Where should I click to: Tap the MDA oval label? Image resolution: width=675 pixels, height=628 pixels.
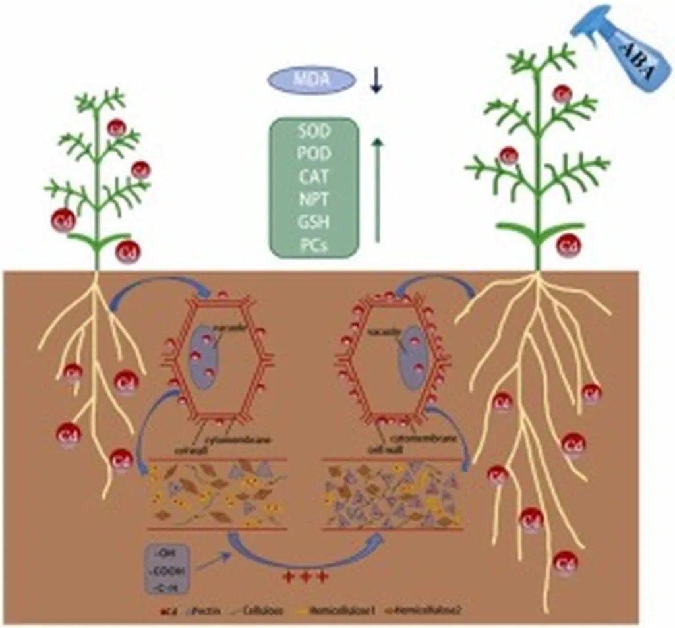click(311, 80)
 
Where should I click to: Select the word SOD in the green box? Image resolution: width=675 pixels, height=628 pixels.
click(314, 131)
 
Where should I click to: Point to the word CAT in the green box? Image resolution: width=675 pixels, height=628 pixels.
click(314, 177)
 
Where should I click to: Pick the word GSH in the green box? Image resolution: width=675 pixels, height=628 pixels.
click(314, 224)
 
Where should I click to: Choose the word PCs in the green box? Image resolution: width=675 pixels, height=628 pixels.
click(314, 246)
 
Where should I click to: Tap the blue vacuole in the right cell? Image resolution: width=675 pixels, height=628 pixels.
click(413, 356)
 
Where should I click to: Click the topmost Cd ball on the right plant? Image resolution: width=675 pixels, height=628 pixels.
click(562, 94)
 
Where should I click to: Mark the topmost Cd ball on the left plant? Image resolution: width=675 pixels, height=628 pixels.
click(117, 127)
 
